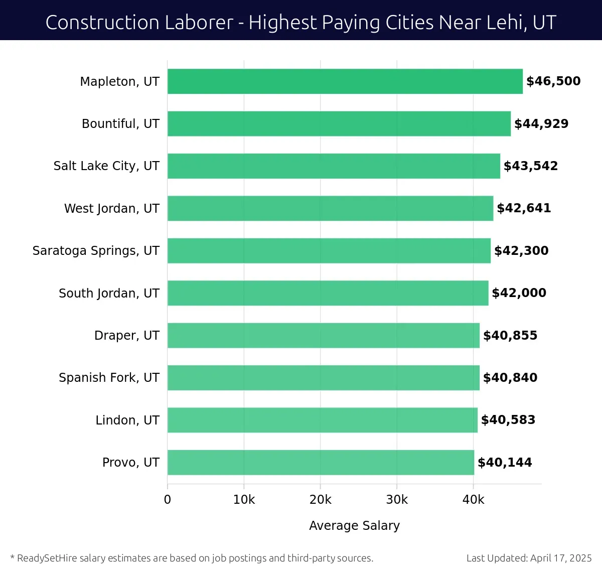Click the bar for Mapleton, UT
345,81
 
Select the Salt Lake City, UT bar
334,166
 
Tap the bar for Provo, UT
321,463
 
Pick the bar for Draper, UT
323,335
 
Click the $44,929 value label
541,124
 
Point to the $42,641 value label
524,208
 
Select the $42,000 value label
519,293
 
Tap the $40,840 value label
510,378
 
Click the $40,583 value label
508,420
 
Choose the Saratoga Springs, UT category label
96,251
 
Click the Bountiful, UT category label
120,124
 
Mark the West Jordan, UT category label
111,209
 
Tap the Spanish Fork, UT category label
109,378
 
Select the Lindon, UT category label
127,420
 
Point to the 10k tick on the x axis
244,500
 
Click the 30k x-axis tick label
397,500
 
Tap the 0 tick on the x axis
168,500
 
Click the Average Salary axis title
354,525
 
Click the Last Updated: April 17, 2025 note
529,558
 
